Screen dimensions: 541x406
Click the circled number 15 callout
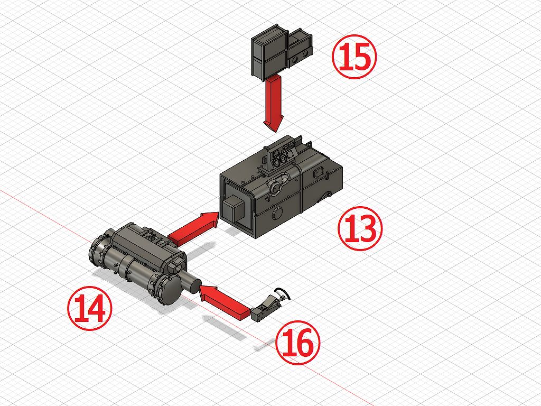coord(355,57)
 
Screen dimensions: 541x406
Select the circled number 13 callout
coord(360,228)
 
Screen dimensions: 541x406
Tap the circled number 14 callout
coord(90,308)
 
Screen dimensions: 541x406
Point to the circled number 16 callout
coord(298,343)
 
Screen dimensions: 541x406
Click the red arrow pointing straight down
coord(274,103)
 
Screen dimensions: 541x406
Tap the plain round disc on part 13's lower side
coord(277,214)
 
